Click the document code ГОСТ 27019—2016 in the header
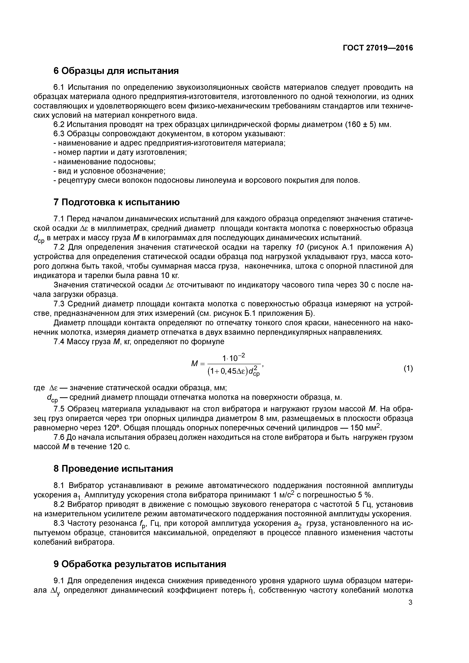[x=378, y=48]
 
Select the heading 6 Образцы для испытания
[x=116, y=71]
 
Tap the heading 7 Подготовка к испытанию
[x=116, y=202]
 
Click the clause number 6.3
[x=60, y=134]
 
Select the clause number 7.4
[x=60, y=342]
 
